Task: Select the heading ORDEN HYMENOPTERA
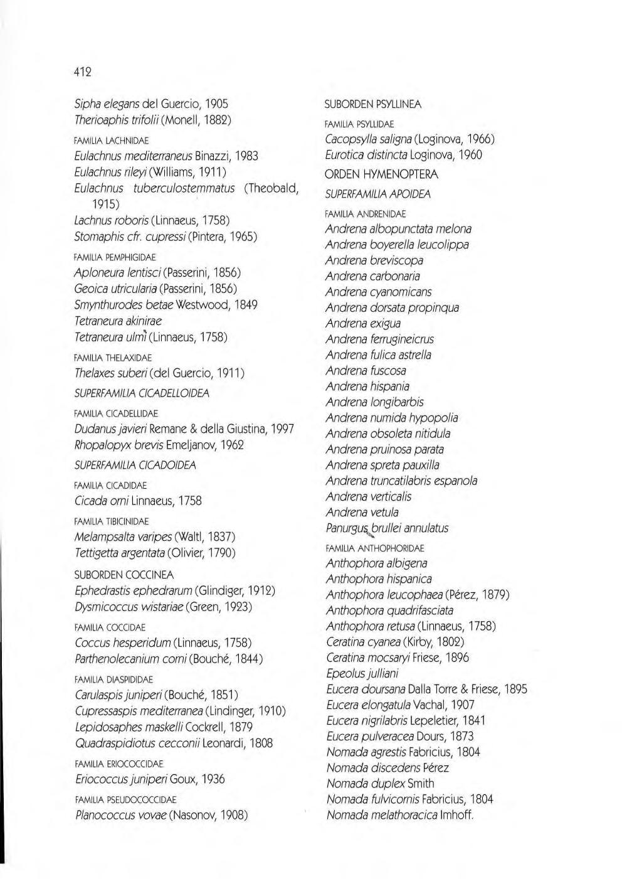(x=382, y=174)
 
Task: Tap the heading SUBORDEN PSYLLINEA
(x=372, y=104)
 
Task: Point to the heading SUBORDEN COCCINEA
(x=124, y=575)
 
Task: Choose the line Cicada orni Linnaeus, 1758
(x=138, y=501)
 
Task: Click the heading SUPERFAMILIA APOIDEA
(x=377, y=194)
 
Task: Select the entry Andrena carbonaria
(x=372, y=276)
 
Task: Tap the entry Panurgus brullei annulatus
(x=387, y=528)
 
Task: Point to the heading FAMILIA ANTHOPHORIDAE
(x=374, y=548)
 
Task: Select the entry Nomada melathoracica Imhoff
(x=399, y=815)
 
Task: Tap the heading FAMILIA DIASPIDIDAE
(x=113, y=679)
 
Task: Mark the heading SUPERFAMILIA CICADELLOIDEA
(x=142, y=393)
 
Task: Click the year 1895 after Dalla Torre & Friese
(x=515, y=689)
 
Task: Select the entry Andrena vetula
(x=362, y=512)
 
